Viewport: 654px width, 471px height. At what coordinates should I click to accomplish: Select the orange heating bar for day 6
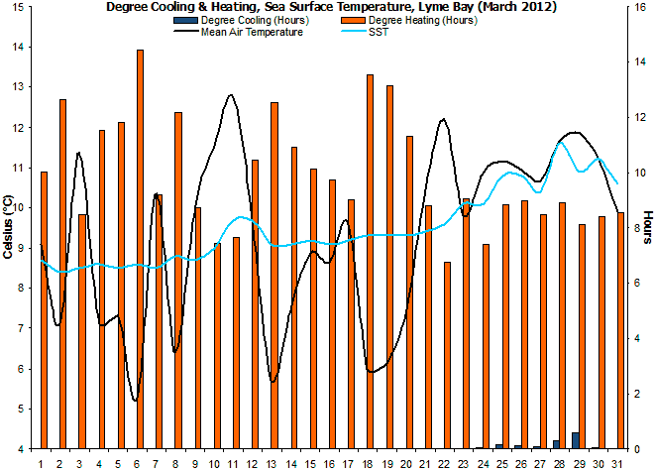tap(140, 248)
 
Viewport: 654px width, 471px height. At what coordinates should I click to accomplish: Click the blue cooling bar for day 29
tap(576, 440)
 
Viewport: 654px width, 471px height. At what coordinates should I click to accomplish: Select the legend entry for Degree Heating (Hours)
tap(422, 20)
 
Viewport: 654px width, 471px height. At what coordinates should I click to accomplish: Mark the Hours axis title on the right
tap(647, 227)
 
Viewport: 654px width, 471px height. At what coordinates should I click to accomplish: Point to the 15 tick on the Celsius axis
tap(22, 47)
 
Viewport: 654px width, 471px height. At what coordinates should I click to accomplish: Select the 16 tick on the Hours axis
tap(639, 7)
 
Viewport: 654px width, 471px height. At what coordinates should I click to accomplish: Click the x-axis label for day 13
tap(273, 463)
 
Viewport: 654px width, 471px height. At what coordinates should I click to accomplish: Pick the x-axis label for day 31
tap(619, 463)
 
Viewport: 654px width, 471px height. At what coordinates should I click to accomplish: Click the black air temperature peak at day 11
tap(231, 95)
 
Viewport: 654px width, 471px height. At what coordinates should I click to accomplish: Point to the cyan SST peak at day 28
tap(561, 142)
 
